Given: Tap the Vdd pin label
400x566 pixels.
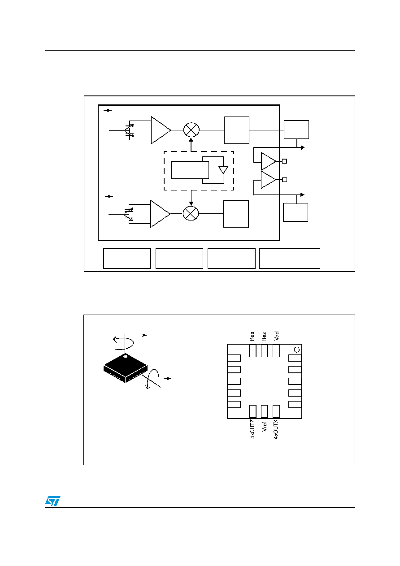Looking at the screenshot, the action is [276, 336].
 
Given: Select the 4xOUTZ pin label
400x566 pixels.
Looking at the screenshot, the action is [252, 429].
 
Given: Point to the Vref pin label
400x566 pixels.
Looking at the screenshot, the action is [264, 427].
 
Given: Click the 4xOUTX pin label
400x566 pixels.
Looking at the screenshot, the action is [276, 429].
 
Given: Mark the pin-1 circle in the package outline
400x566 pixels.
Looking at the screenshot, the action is [296, 350].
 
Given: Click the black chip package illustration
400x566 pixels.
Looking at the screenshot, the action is [126, 368].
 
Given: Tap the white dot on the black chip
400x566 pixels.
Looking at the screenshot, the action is [125, 356].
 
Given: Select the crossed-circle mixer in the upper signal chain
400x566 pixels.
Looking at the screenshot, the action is [191, 130].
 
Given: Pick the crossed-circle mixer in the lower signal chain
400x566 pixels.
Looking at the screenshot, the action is [191, 213].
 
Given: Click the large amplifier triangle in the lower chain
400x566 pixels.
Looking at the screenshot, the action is [160, 214].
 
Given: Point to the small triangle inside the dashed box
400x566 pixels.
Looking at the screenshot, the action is [223, 170].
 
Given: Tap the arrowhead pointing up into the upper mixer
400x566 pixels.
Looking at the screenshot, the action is [191, 140].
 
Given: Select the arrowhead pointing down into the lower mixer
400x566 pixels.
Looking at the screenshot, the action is [191, 203].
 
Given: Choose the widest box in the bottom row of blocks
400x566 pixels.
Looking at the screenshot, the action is [290, 258].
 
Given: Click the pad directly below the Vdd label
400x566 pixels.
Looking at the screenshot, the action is [276, 351].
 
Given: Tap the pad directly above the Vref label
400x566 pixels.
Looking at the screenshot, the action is [264, 411].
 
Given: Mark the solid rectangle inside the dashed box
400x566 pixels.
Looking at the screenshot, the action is [190, 170].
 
